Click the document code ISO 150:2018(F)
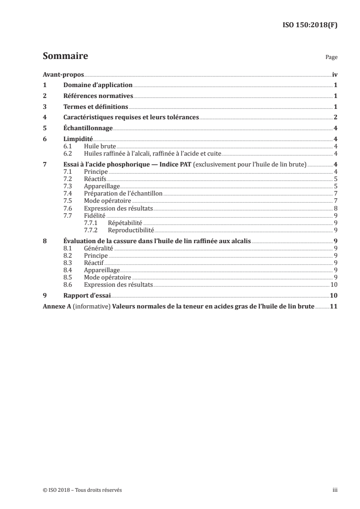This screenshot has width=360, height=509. (x=310, y=25)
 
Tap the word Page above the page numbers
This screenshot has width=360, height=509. (x=331, y=58)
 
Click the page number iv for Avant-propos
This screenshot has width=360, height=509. (x=335, y=74)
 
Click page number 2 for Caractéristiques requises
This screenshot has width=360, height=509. (x=335, y=117)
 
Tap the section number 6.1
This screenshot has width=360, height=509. (x=68, y=147)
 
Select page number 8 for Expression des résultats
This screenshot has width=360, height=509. (x=335, y=208)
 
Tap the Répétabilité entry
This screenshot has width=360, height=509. (x=125, y=223)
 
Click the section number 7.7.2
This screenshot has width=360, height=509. (x=92, y=230)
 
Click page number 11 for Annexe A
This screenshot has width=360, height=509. (x=334, y=307)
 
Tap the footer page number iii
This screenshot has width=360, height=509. (x=335, y=490)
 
